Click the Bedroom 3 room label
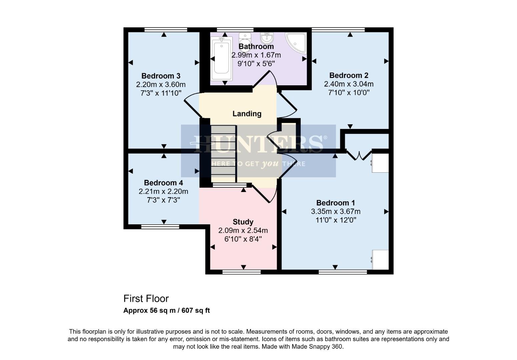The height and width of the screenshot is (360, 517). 161,76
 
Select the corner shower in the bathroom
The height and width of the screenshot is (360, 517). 296,42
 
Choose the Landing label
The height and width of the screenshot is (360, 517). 247,114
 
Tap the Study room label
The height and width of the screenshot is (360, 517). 243,222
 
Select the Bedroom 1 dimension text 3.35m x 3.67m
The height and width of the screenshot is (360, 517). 336,211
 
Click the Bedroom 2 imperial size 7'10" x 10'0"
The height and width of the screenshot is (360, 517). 349,93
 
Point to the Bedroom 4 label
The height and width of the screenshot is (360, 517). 163,183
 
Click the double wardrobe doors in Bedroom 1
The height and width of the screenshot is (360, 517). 359,155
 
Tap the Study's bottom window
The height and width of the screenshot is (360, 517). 242,272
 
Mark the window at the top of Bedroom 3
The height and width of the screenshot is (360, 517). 166,30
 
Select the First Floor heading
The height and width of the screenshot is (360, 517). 146,298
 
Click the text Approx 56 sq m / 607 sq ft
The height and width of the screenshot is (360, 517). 166,311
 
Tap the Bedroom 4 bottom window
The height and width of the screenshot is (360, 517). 160,227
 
